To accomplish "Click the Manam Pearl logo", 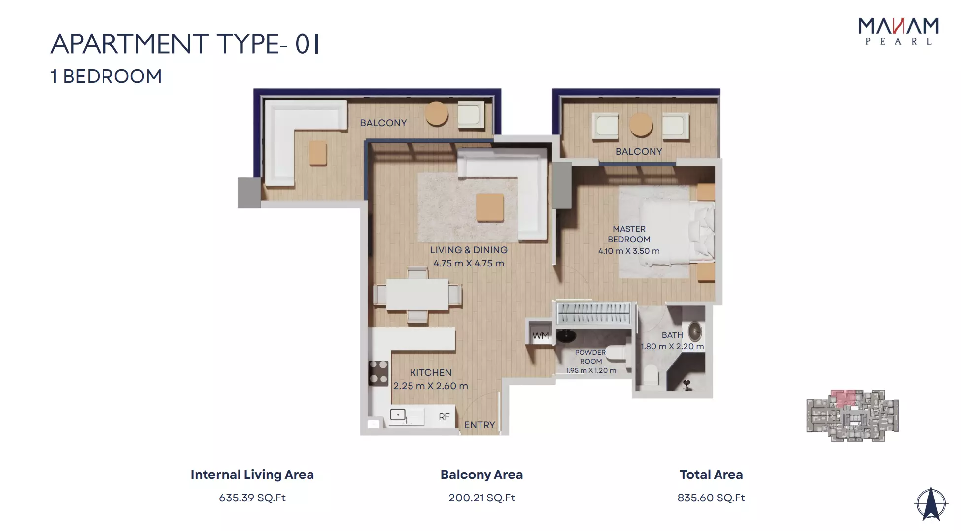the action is tap(898, 32).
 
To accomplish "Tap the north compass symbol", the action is tap(931, 504).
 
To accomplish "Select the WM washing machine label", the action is tap(540, 336).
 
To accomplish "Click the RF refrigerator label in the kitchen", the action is tap(444, 417).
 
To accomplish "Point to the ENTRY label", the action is tap(480, 425).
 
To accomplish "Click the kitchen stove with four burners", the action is tap(378, 372).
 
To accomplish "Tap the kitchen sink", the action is tap(398, 415).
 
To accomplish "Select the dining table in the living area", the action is tap(417, 295).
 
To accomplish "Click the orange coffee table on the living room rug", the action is tap(490, 207).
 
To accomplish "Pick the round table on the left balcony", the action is tap(437, 113).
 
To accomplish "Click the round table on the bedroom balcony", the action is tap(641, 125).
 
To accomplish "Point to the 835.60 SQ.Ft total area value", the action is tap(711, 498).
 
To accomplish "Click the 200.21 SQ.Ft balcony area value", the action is tap(481, 498).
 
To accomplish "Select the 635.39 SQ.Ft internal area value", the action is tap(252, 498).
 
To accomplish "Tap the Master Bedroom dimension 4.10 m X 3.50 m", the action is tap(629, 251).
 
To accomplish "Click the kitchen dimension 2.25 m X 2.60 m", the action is tap(430, 386).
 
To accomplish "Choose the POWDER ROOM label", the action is tap(590, 357).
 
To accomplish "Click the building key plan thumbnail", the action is tap(853, 415).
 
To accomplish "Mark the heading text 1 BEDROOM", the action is tap(106, 76).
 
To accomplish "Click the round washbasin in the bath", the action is tap(695, 332).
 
